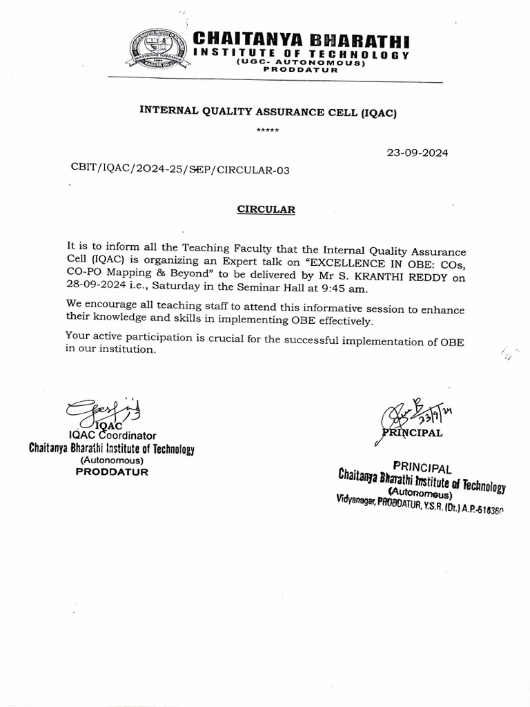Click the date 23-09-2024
pyautogui.click(x=418, y=153)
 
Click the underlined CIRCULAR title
pyautogui.click(x=266, y=211)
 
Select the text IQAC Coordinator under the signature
pyautogui.click(x=112, y=436)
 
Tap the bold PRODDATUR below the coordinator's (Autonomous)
pyautogui.click(x=112, y=472)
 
